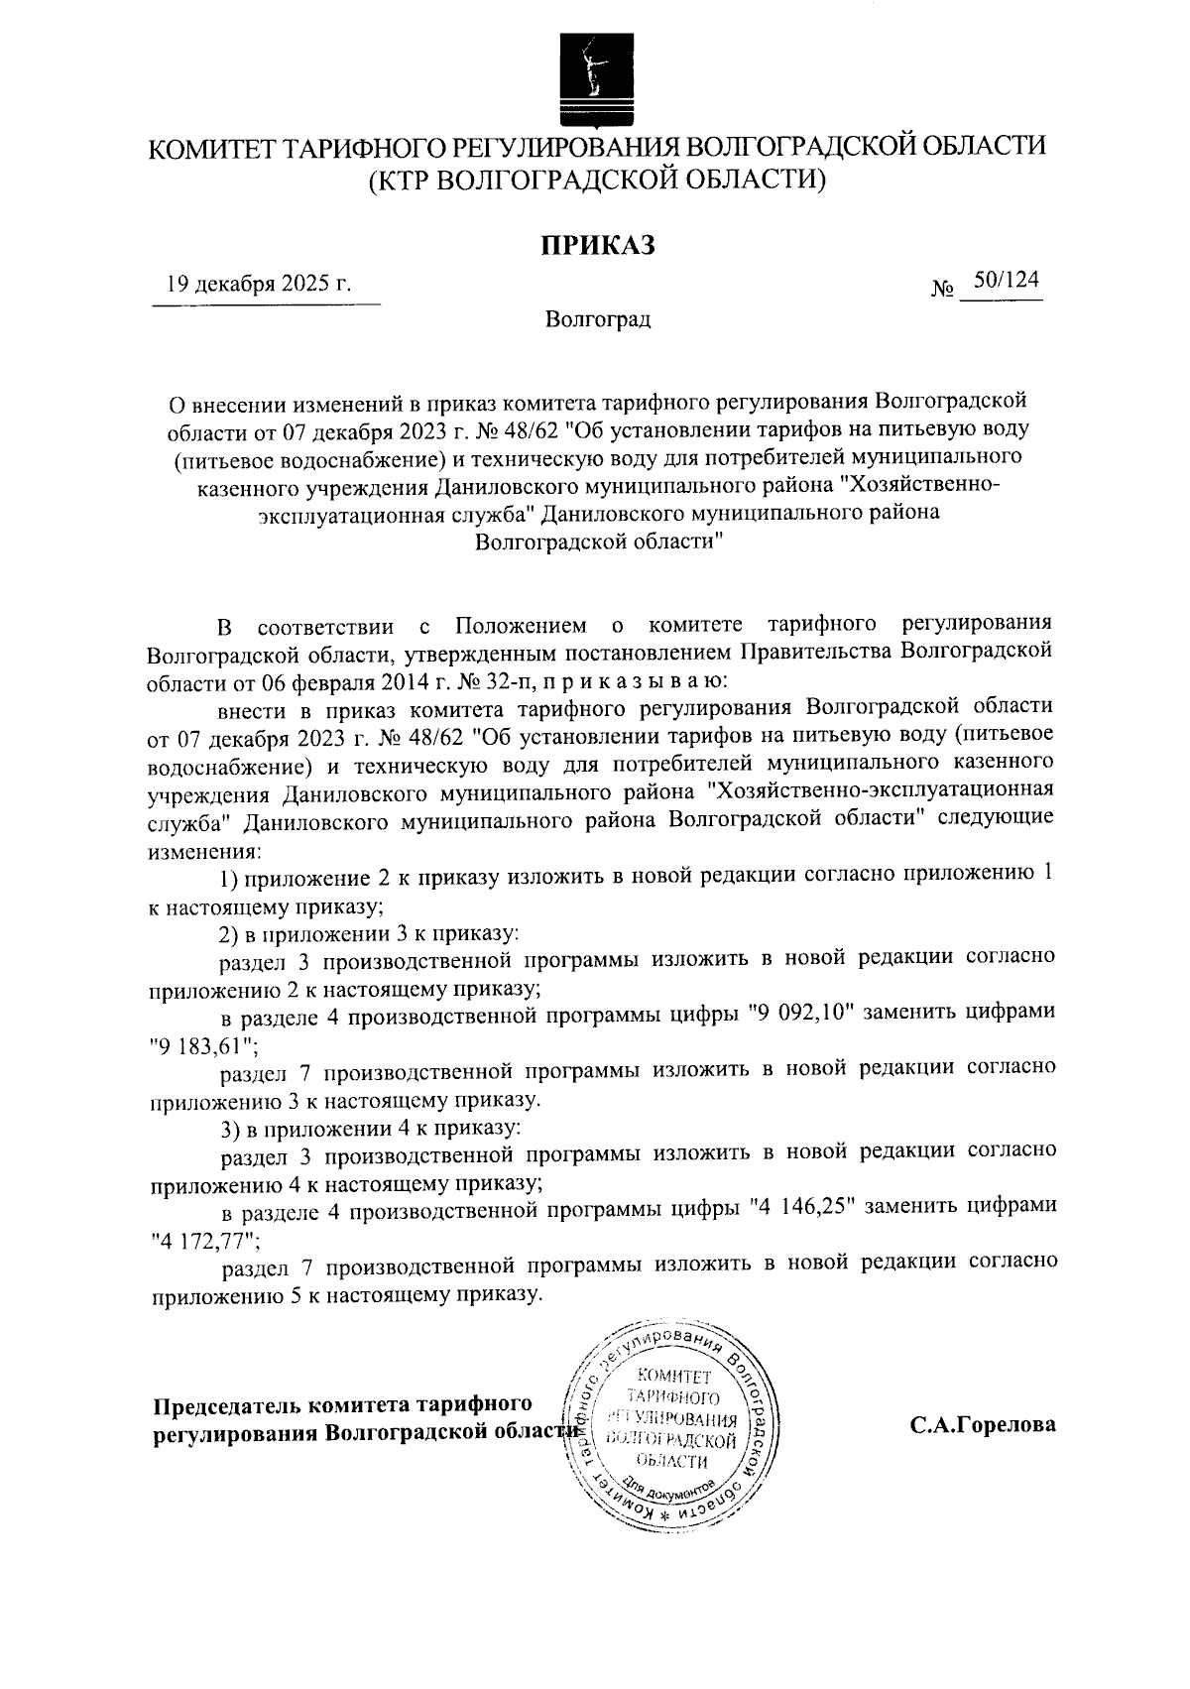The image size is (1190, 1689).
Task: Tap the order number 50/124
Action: tap(1006, 282)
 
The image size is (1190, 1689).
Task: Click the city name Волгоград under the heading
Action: tap(597, 320)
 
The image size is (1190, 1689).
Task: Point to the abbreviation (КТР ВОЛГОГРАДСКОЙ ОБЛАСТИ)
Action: tap(597, 180)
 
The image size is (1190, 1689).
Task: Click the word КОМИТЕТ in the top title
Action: tap(211, 149)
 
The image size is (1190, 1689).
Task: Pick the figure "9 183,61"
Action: tap(203, 1044)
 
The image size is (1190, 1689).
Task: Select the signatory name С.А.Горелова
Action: tap(983, 1425)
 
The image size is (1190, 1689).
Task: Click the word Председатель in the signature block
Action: tap(227, 1406)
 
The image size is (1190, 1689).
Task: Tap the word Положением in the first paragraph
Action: tap(519, 627)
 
